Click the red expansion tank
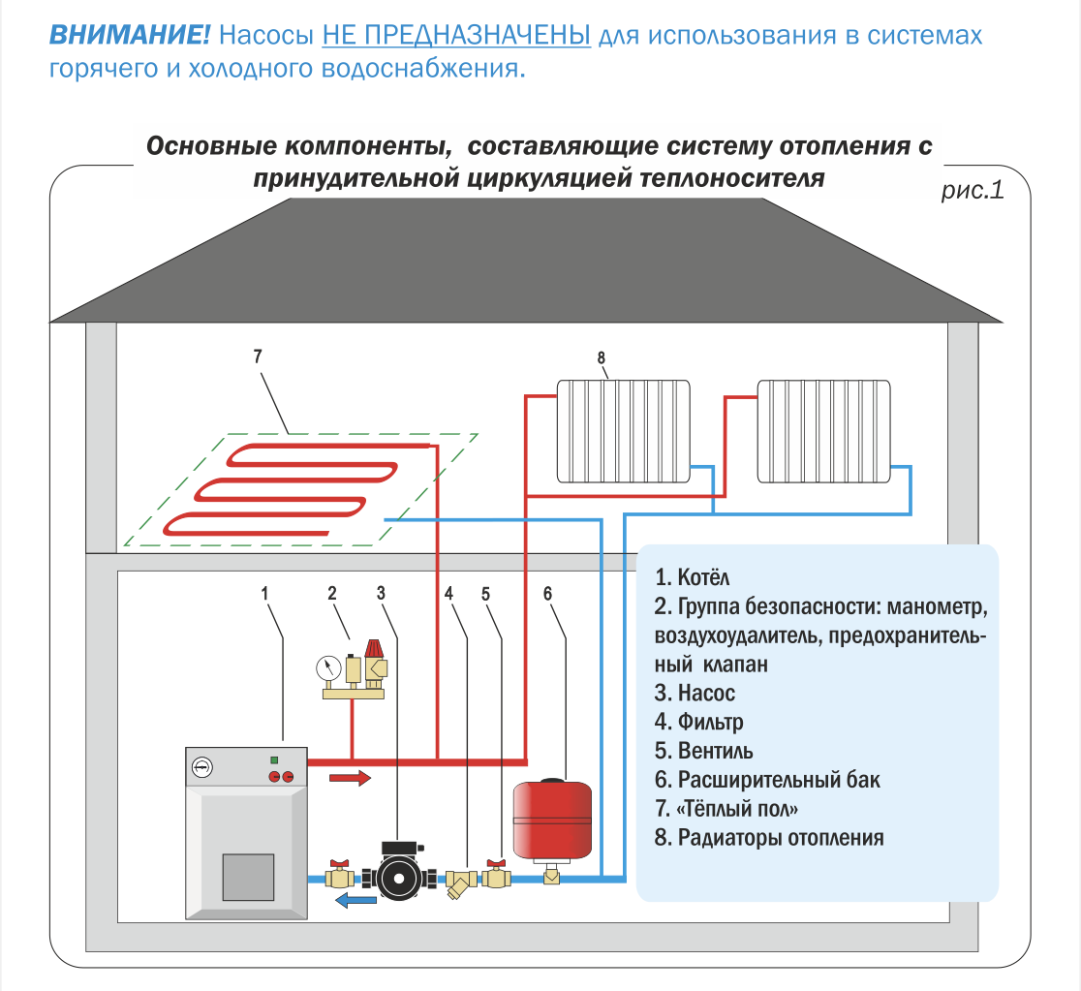552,820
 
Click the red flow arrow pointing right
351,778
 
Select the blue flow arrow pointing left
355,899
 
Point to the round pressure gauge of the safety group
328,667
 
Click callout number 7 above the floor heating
258,356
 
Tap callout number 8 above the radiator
602,357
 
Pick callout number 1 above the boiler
264,593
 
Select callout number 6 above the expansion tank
547,593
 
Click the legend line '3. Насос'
695,693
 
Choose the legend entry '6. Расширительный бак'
767,779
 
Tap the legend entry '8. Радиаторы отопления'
769,837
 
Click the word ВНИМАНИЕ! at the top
130,35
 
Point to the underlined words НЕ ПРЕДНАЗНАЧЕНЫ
456,35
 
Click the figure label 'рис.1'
973,190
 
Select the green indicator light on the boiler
274,760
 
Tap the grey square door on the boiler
248,877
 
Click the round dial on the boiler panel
202,767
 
